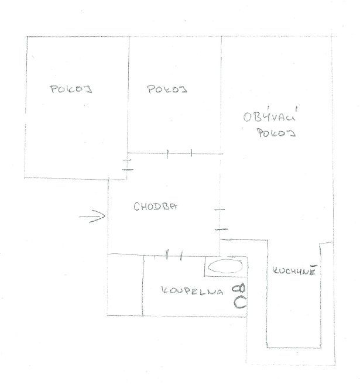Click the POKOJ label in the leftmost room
[71, 89]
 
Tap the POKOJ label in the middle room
[167, 89]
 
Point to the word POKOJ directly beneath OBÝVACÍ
[276, 133]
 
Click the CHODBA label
[156, 207]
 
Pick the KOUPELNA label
[192, 291]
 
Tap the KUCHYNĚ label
[294, 270]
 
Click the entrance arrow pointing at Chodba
[92, 217]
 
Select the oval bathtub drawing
[225, 267]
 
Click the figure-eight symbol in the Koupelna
[238, 289]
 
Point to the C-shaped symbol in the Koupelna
[240, 303]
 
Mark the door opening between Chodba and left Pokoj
[128, 164]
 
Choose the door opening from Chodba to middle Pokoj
[179, 153]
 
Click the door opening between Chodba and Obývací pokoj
[221, 219]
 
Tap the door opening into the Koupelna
[174, 255]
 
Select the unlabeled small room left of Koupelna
[125, 285]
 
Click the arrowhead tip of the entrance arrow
[105, 216]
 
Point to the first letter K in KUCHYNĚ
[275, 270]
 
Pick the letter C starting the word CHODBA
[136, 207]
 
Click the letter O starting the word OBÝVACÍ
[248, 117]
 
